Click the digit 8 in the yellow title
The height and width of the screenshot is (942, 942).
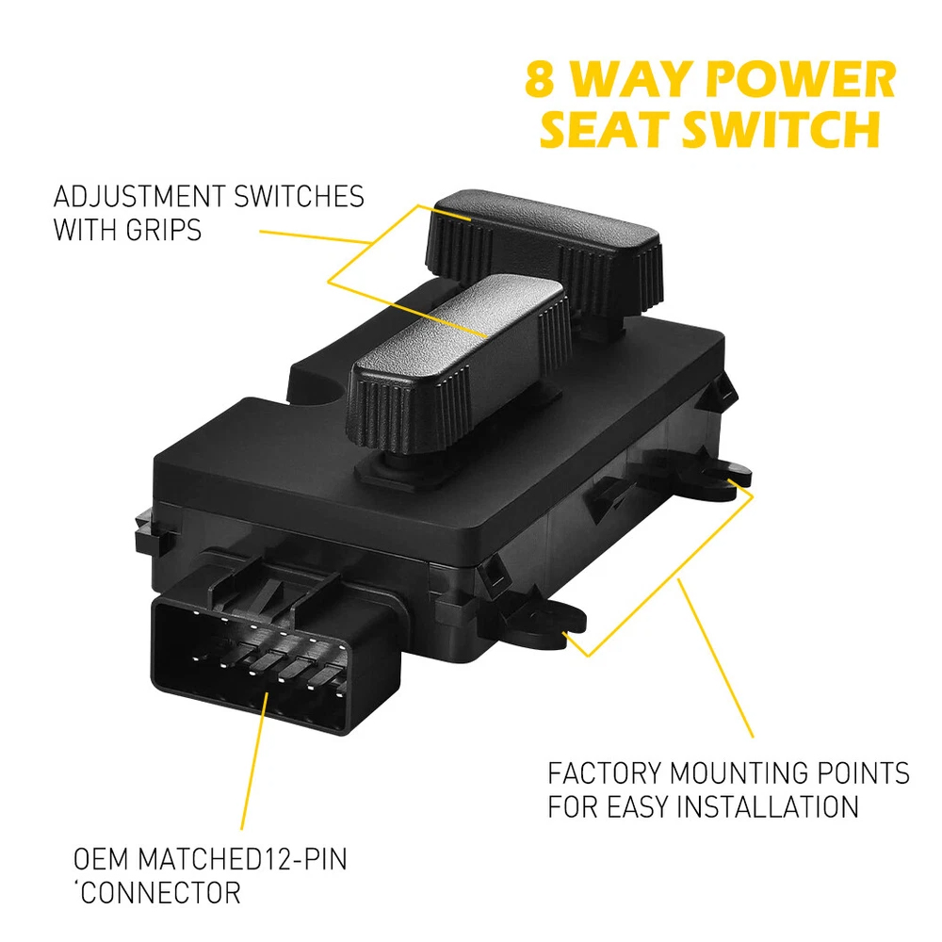[539, 79]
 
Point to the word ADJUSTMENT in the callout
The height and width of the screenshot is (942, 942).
[138, 197]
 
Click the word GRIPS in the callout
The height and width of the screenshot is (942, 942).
[163, 230]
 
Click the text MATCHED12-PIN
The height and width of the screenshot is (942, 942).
[242, 859]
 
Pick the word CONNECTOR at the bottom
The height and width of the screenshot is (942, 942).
[160, 893]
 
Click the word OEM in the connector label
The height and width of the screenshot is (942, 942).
[101, 859]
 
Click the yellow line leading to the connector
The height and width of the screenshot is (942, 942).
[254, 761]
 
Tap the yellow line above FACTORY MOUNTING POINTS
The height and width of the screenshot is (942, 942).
[715, 658]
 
